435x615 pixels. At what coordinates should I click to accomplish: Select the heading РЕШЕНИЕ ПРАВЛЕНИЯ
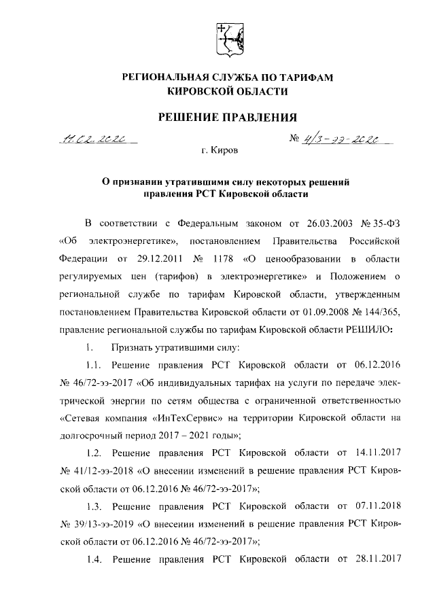pyautogui.click(x=228, y=118)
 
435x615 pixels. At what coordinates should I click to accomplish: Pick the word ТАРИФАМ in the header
pyautogui.click(x=303, y=79)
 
